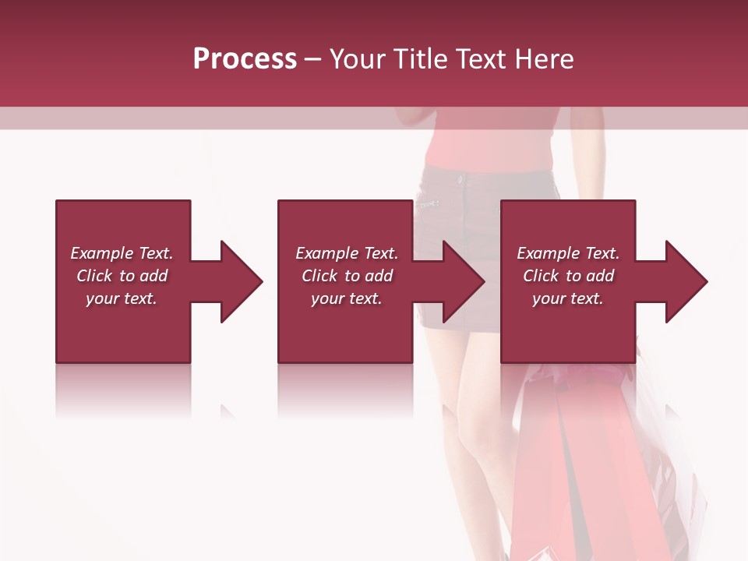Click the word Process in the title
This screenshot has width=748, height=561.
(x=245, y=59)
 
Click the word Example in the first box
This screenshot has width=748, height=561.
(x=102, y=253)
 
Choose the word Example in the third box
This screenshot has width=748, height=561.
(x=549, y=253)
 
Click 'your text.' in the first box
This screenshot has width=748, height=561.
(x=122, y=298)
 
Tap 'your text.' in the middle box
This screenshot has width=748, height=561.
(x=346, y=298)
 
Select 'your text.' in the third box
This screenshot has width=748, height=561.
(x=567, y=298)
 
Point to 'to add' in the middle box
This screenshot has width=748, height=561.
(x=369, y=276)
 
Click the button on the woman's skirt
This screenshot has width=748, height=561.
(x=460, y=179)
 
